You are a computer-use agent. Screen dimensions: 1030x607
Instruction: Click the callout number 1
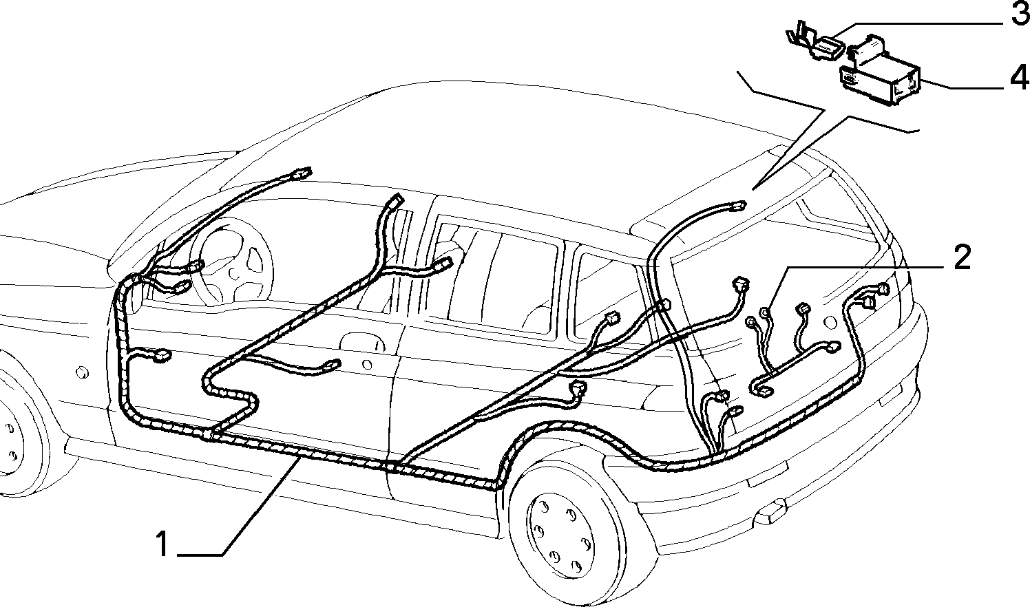[x=162, y=544]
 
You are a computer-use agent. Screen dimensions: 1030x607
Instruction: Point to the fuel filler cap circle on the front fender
[x=83, y=372]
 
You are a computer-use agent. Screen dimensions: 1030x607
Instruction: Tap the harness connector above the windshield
[x=302, y=173]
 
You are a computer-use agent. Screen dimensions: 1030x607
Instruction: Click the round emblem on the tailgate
[x=830, y=321]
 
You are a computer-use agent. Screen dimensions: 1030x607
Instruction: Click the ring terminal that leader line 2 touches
[x=765, y=312]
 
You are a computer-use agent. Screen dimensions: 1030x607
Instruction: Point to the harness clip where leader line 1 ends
[x=299, y=455]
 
